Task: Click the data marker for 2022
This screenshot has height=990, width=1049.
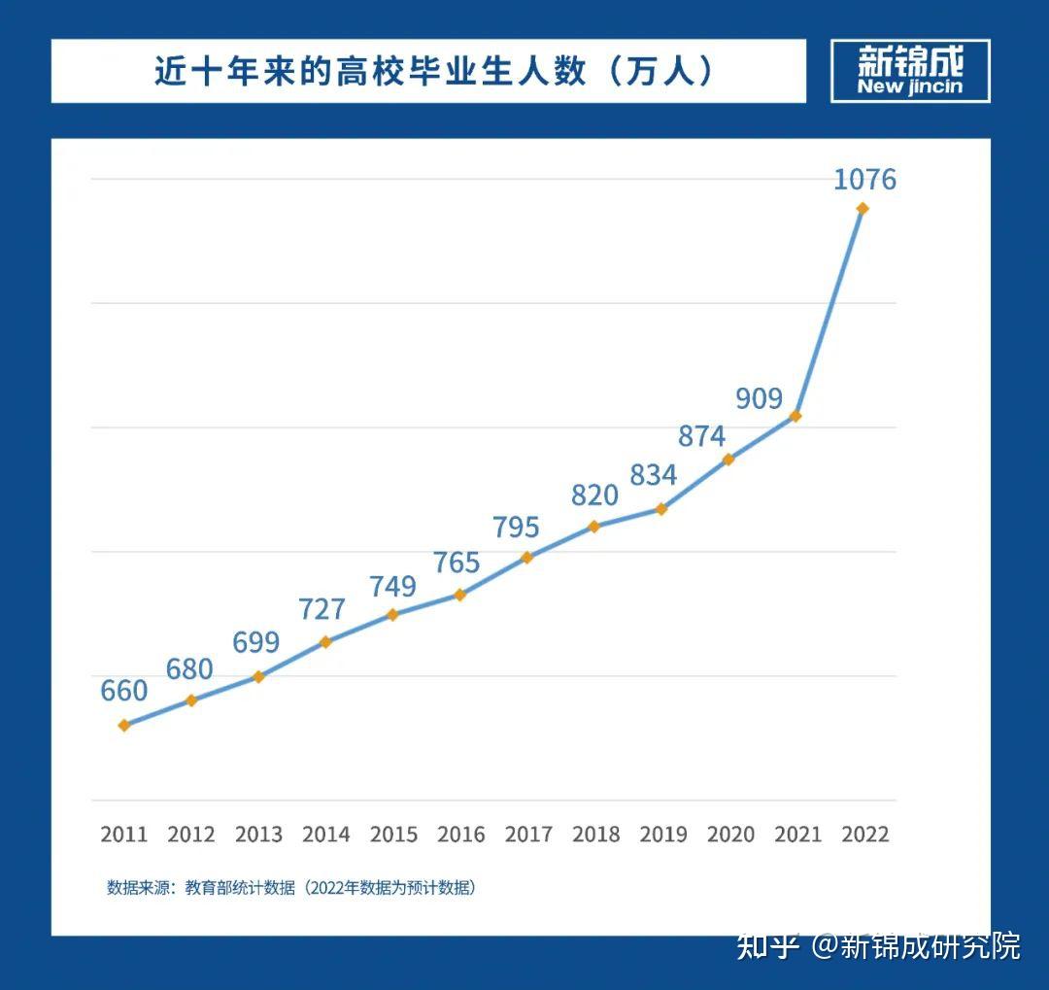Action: click(x=862, y=208)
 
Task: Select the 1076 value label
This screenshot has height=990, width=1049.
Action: click(x=864, y=180)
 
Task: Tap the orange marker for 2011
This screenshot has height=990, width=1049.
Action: click(x=124, y=725)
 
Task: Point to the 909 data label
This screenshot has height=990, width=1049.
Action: click(x=759, y=397)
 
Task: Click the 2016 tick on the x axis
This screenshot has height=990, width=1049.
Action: click(x=461, y=834)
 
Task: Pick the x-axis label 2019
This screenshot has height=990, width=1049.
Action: click(x=663, y=834)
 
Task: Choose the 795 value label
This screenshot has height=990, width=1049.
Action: click(x=516, y=527)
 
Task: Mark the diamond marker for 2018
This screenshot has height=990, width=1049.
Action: click(x=594, y=527)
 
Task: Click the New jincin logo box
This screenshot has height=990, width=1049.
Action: click(x=910, y=71)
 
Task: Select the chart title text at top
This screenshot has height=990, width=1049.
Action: click(x=434, y=71)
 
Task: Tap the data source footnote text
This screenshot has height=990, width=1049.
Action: click(x=291, y=888)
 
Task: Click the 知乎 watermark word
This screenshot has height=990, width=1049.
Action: click(x=767, y=945)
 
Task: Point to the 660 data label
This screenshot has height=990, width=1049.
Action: click(x=124, y=691)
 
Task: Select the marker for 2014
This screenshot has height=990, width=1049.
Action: click(x=326, y=641)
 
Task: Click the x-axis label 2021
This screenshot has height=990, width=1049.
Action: click(x=797, y=834)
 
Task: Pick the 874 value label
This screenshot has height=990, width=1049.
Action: click(x=701, y=436)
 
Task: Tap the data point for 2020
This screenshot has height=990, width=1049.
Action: click(x=728, y=460)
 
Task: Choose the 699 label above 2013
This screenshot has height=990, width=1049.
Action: click(x=256, y=642)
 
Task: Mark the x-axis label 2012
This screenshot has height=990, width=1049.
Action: click(x=191, y=834)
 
